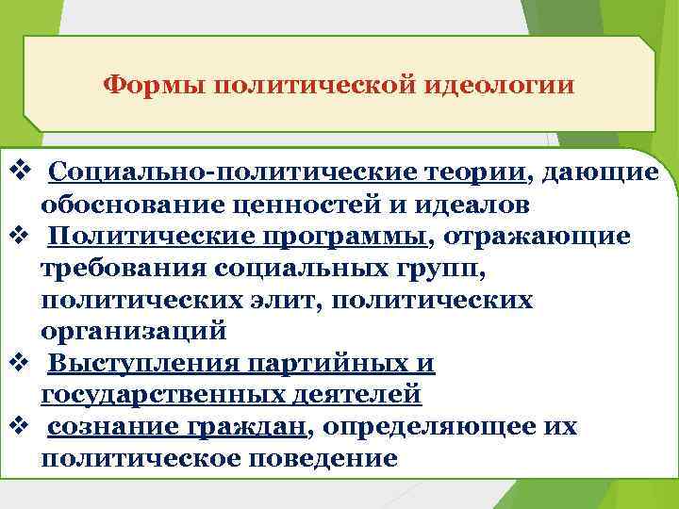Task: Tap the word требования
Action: coord(124,268)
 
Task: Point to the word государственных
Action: coord(154,395)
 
